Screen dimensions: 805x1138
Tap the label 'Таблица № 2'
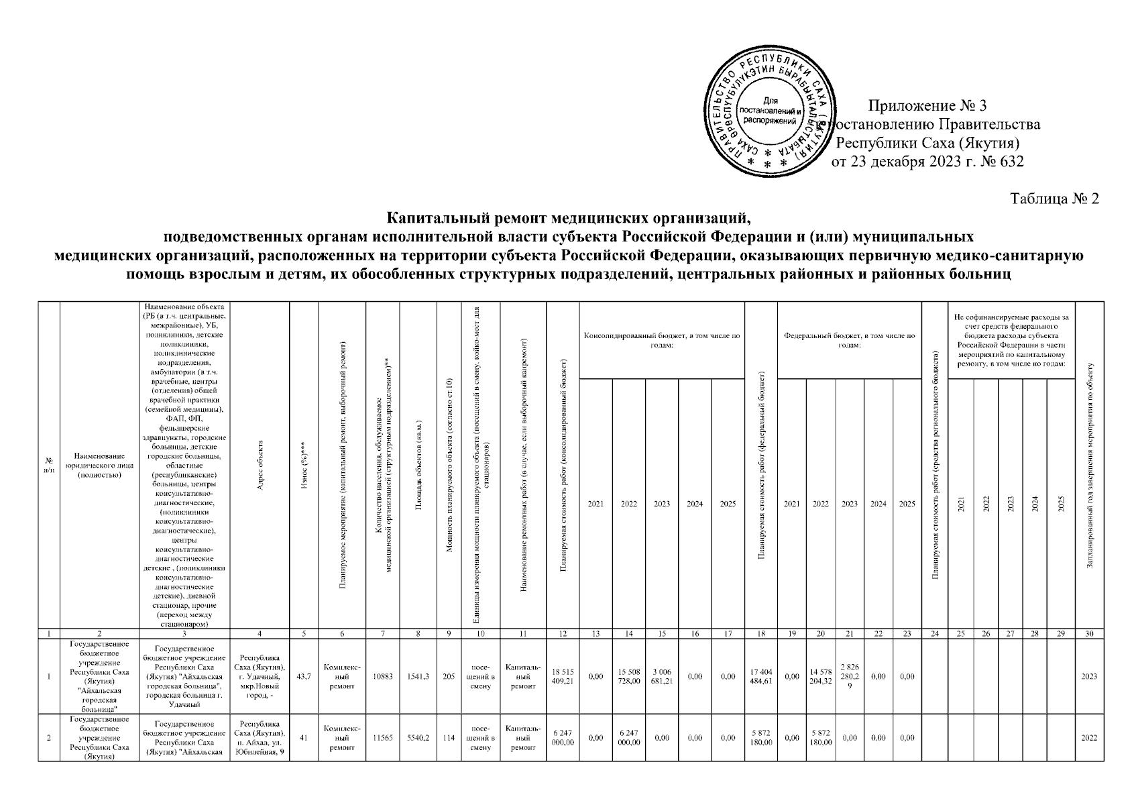tap(1054, 199)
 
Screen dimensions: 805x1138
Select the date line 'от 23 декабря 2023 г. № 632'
tap(927, 162)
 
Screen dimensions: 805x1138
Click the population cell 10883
tap(382, 676)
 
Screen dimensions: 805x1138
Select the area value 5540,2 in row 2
tap(418, 738)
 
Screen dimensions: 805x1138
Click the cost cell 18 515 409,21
tap(563, 676)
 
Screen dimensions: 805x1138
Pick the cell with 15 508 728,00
tap(628, 676)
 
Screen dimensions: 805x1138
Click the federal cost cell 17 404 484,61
tap(760, 676)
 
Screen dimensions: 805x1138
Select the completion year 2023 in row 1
tap(1089, 676)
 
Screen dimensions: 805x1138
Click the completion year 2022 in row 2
tap(1089, 738)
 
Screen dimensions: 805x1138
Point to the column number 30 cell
tap(1089, 633)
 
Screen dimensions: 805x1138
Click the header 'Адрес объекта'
tap(260, 465)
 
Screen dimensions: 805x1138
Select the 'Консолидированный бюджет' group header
tap(661, 340)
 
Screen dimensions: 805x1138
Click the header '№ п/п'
tap(49, 465)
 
